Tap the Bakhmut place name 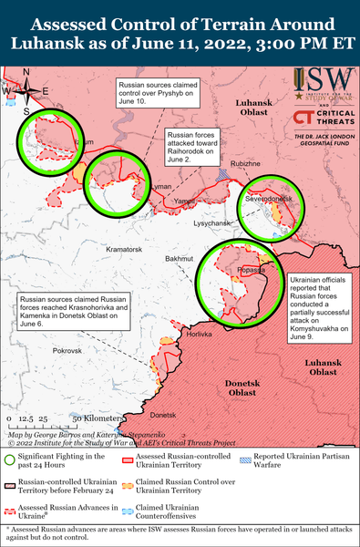(180, 260)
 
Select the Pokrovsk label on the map (67, 350)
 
